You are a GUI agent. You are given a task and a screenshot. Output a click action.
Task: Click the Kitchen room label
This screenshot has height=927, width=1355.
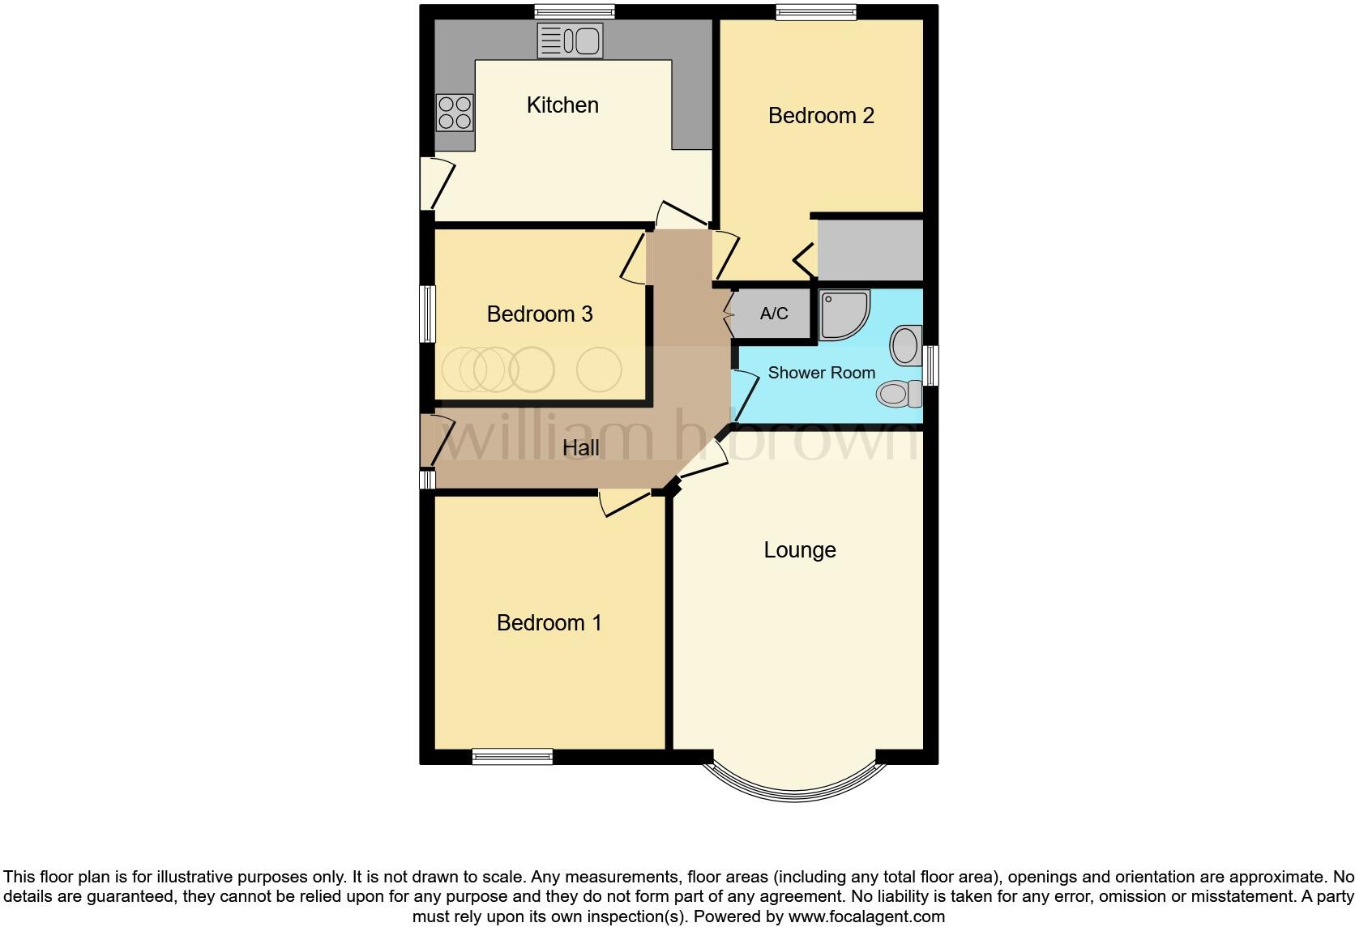[x=562, y=105]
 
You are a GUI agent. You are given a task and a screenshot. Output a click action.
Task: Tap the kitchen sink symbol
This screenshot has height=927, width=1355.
[x=571, y=41]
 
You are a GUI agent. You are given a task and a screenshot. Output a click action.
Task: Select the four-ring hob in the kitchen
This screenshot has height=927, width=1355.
[x=455, y=113]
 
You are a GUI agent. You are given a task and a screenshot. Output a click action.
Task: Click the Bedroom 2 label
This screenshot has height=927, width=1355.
[x=821, y=116]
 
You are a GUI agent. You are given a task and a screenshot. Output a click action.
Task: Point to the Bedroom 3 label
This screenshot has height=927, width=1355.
[x=540, y=314]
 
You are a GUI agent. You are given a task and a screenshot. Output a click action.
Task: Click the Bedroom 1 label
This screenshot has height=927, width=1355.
[x=549, y=623]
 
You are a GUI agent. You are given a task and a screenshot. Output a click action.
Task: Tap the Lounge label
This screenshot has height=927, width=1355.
[x=800, y=550]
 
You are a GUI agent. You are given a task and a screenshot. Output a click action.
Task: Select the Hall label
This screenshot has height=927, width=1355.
[x=581, y=448]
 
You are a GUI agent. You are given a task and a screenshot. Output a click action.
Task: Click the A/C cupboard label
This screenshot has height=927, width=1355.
[x=774, y=314]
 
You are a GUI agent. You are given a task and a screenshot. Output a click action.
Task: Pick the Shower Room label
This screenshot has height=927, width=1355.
[x=821, y=373]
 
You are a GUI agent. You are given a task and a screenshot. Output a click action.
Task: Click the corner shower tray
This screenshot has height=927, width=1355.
[x=844, y=314]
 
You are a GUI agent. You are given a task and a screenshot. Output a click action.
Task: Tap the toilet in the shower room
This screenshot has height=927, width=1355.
[x=899, y=394]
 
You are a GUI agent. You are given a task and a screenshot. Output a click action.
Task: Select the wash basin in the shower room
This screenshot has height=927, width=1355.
[x=906, y=346]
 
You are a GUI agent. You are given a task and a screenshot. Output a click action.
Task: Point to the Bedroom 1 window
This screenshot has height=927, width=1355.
[x=512, y=757]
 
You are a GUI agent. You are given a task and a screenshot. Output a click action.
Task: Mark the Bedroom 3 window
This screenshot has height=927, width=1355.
[x=427, y=314]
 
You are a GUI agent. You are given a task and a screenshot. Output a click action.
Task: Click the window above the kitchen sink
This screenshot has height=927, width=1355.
[x=574, y=11]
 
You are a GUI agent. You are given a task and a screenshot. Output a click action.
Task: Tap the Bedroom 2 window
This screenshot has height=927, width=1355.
[x=815, y=11]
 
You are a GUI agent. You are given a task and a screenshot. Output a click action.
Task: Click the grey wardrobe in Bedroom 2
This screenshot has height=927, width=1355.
[x=870, y=250]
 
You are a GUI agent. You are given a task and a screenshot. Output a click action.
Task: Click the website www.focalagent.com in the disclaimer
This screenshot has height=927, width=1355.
[x=866, y=917]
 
